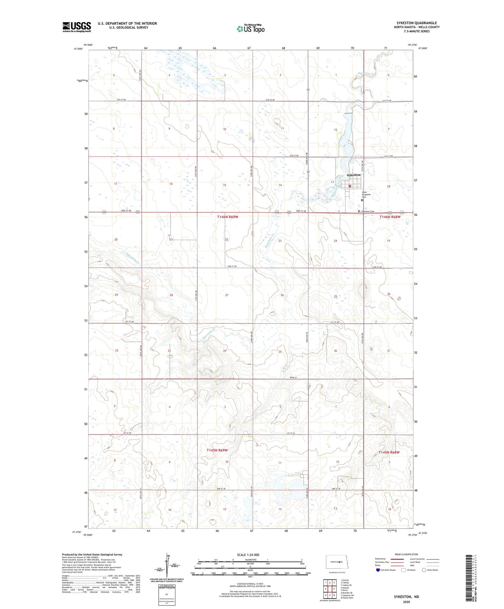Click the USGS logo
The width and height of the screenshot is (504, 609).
[77, 27]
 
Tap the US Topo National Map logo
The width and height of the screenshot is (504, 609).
[250, 29]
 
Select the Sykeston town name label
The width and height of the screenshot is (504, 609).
[353, 175]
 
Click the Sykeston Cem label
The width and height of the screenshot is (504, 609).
[367, 211]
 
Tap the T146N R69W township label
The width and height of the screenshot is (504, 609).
[227, 217]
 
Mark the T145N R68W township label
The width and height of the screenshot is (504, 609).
[389, 452]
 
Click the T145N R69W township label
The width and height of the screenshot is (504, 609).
[217, 450]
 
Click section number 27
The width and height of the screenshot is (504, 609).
[227, 295]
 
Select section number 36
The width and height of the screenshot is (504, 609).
[335, 351]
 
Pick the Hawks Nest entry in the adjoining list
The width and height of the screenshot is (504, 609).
[347, 598]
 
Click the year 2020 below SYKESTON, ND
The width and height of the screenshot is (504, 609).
[406, 602]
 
